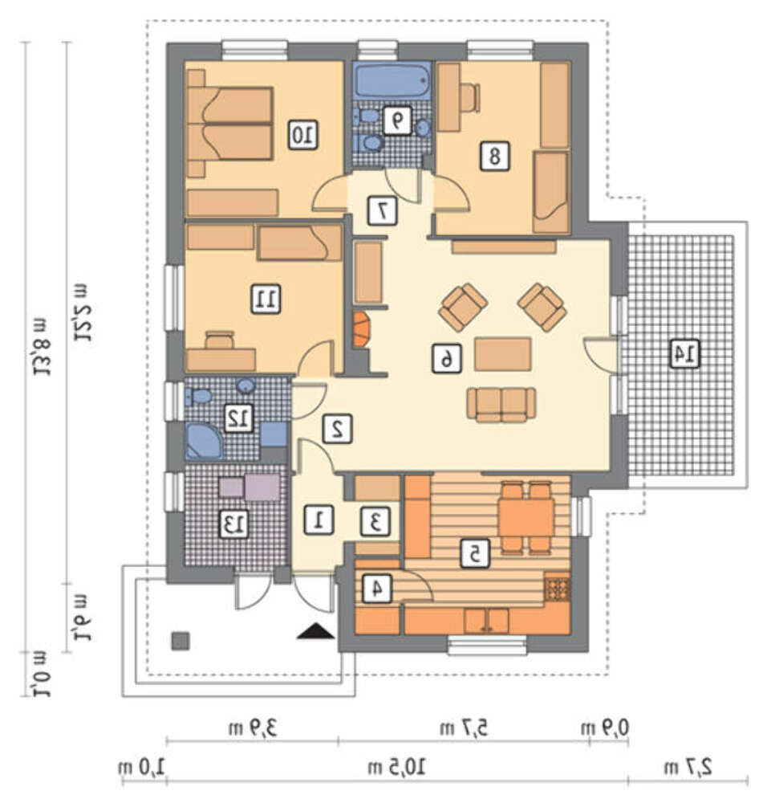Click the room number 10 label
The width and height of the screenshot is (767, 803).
pos(302,135)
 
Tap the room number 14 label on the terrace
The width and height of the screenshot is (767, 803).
pos(685,353)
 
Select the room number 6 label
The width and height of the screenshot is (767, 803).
pos(446,358)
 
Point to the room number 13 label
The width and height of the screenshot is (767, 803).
pos(233,524)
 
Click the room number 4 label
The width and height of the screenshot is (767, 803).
pos(377,589)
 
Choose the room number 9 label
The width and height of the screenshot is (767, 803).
pos(397,121)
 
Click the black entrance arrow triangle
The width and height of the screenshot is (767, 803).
pos(316,631)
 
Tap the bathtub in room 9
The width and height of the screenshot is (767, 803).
pos(393,79)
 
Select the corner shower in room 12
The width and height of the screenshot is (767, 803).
pos(204,440)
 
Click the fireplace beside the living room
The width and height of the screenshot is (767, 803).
pos(361,330)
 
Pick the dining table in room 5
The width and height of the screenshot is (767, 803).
pos(526,516)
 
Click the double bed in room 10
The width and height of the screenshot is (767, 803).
pos(229,124)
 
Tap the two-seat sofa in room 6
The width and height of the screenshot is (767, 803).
pos(501,405)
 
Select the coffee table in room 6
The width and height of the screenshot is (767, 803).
pos(502,354)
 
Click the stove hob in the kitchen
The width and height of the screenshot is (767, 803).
pos(558,588)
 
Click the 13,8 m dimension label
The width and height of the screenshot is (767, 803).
pos(41,347)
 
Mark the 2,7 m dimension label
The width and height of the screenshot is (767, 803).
pos(688,767)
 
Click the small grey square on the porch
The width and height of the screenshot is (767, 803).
pos(180,641)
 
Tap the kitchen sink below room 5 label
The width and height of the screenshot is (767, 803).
pos(486,621)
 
